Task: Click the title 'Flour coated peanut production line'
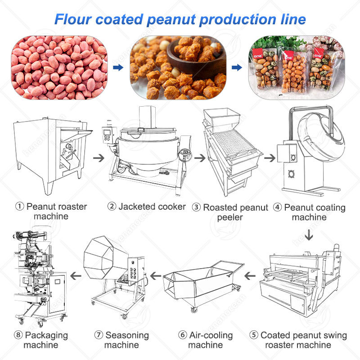180,19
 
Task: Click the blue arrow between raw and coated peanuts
117,67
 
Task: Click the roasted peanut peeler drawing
229,148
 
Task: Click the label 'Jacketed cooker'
147,207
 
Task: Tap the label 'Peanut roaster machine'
52,211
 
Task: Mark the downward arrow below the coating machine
309,235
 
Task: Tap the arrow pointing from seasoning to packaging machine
77,275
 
